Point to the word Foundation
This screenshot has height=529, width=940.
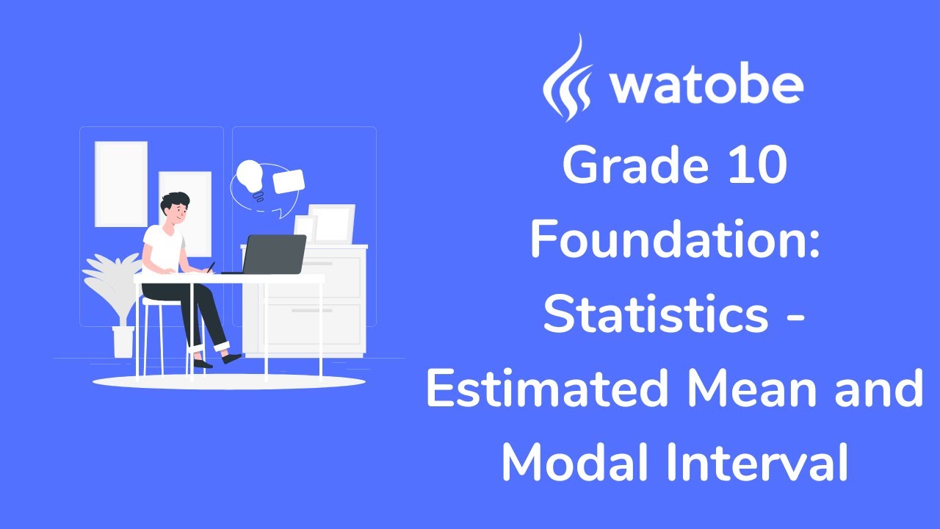674,240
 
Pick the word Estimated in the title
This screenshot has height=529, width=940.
547,389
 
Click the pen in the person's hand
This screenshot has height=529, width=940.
211,267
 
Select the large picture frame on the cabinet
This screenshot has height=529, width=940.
332,223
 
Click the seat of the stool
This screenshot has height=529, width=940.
163,301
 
